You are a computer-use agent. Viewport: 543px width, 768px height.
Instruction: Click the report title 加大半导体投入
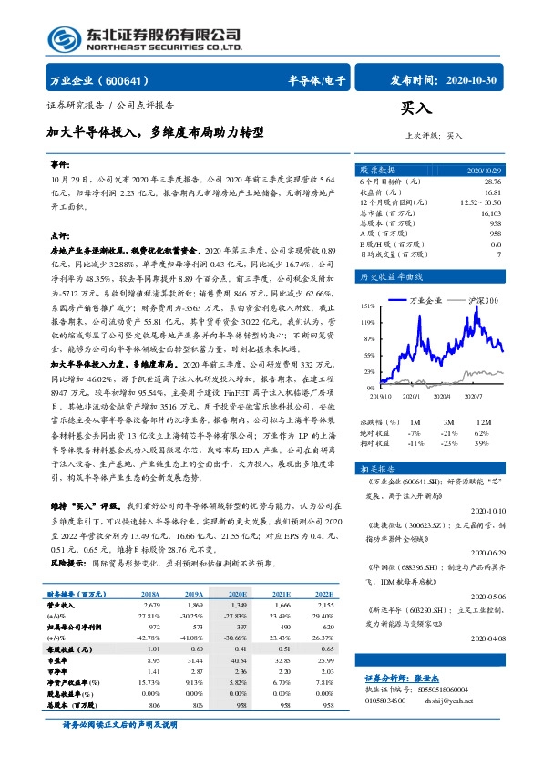[90, 132]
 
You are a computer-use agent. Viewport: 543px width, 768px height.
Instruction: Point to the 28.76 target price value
[492, 182]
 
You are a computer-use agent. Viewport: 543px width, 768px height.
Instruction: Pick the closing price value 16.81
[492, 192]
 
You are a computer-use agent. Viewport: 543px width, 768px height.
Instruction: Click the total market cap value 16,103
[489, 213]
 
